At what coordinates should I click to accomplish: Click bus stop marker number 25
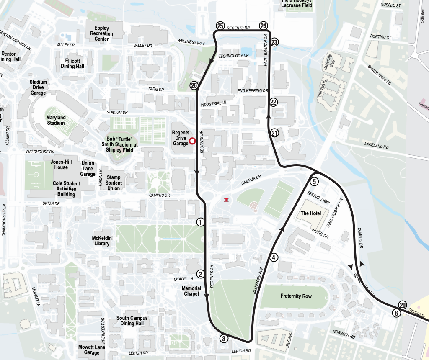tap(220, 26)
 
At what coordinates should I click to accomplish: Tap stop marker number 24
tap(263, 26)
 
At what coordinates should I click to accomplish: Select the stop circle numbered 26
tap(194, 85)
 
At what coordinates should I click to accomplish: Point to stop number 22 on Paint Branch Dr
tap(273, 102)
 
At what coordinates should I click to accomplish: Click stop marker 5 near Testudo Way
tap(315, 181)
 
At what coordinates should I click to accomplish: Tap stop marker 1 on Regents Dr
tap(201, 222)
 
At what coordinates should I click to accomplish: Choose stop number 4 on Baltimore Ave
tap(274, 257)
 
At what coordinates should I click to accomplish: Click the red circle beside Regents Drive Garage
tap(192, 141)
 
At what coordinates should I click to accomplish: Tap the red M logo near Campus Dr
tap(227, 200)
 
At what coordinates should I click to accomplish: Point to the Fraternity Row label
tap(296, 296)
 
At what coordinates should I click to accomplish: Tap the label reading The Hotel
tap(311, 213)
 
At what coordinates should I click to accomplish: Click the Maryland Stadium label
tap(56, 120)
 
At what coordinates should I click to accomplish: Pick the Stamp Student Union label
tap(114, 183)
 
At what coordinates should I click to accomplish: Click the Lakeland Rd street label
tap(377, 147)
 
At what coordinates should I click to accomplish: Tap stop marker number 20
tap(403, 305)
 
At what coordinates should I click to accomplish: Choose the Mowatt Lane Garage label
tap(92, 350)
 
